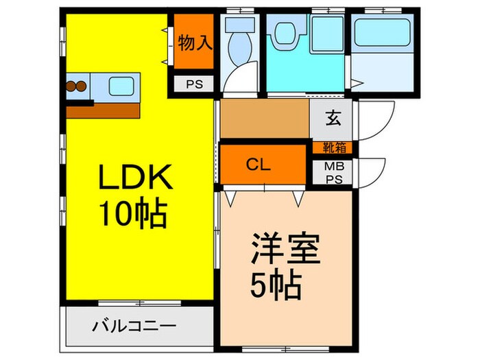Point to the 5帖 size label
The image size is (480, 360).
pos(277,284)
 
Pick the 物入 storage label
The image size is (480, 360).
pos(195,43)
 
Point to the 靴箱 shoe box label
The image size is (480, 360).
pos(332,147)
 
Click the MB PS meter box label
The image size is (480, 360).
pos(333,172)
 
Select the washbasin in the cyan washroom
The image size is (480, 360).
pos(283,31)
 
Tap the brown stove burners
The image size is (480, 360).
pos(75,87)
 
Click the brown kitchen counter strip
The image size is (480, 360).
pos(103,110)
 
